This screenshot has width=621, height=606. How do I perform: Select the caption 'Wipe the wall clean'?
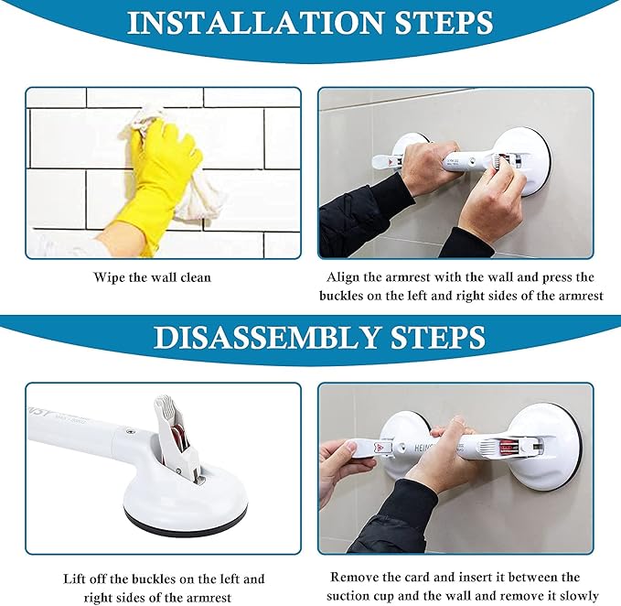tap(152, 276)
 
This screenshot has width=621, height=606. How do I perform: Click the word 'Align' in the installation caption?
tap(344, 276)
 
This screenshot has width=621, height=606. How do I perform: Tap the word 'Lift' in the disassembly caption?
tap(78, 579)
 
